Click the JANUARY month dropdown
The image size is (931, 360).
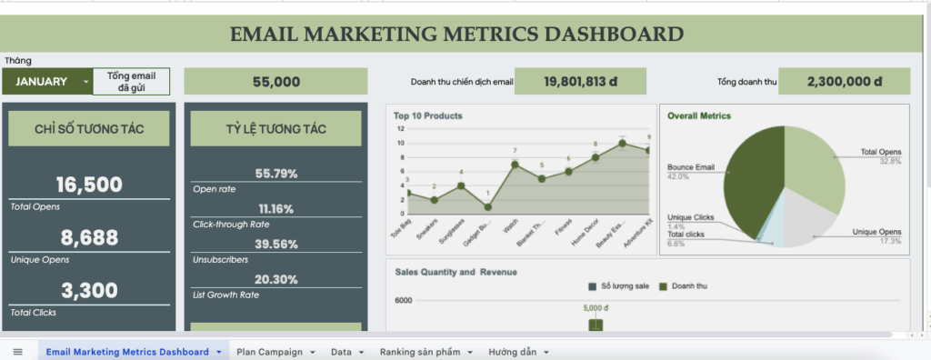[47, 81]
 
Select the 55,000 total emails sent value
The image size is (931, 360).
[276, 82]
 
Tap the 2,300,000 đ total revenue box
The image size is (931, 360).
[844, 82]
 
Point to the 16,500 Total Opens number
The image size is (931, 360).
[88, 185]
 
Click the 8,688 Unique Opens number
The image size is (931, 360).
[88, 238]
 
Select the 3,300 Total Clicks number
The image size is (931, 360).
[88, 291]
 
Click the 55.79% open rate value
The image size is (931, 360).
[275, 174]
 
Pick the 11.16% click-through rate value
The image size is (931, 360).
[275, 209]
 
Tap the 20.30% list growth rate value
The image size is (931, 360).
[275, 279]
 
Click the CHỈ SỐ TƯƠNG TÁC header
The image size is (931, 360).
[88, 129]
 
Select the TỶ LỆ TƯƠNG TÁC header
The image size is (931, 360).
[275, 129]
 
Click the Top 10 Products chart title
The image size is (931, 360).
[427, 116]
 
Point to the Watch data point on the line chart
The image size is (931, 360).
[515, 165]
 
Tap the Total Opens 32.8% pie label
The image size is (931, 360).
[881, 156]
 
